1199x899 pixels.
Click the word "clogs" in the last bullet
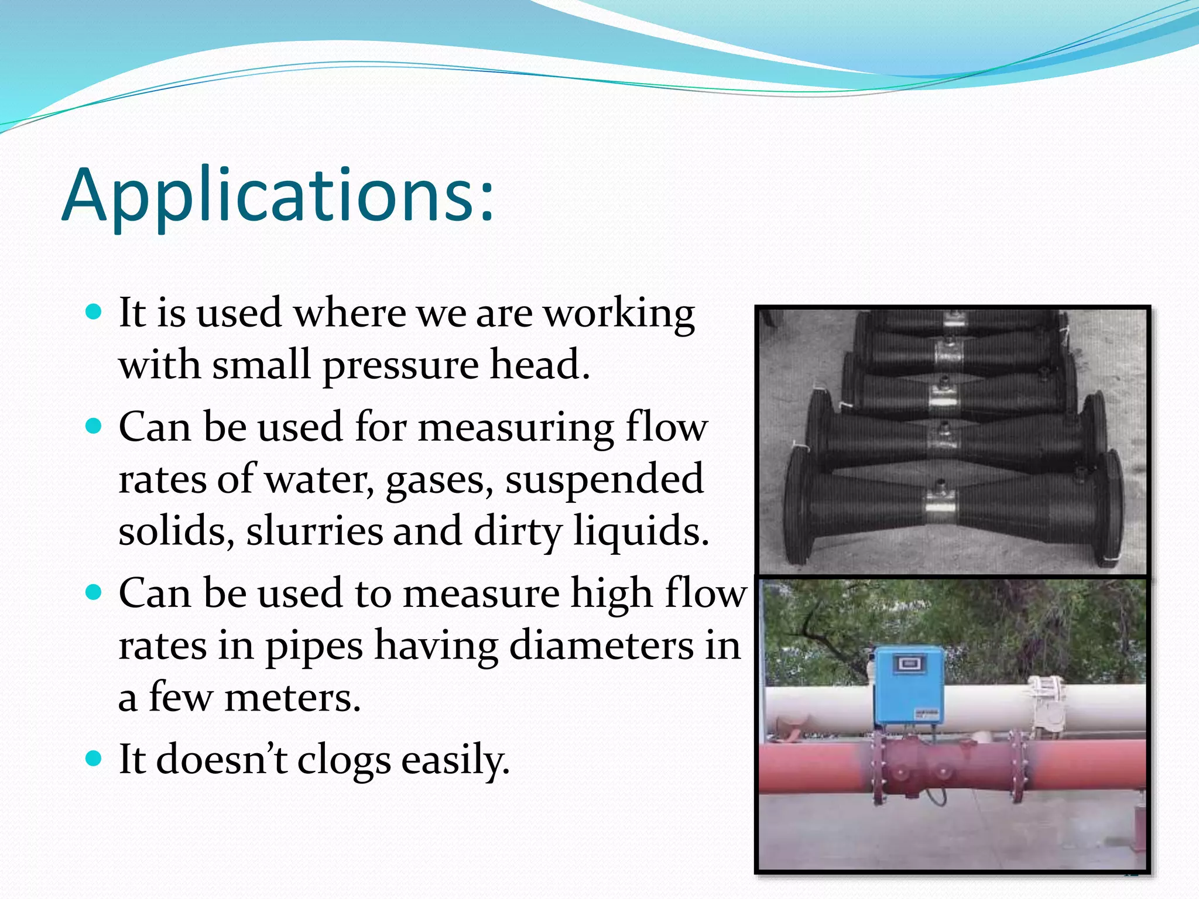(x=344, y=760)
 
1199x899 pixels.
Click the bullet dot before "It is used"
(x=94, y=311)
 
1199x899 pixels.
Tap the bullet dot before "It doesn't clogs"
(x=94, y=759)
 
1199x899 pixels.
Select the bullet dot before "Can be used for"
(x=94, y=425)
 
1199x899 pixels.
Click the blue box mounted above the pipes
(x=908, y=685)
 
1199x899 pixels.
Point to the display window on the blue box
(x=908, y=664)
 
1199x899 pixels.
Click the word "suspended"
(x=604, y=479)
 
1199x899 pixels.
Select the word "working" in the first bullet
(x=619, y=314)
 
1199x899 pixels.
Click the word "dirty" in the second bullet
(x=518, y=531)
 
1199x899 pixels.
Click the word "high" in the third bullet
(x=612, y=594)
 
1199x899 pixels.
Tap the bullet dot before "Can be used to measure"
(x=94, y=592)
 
